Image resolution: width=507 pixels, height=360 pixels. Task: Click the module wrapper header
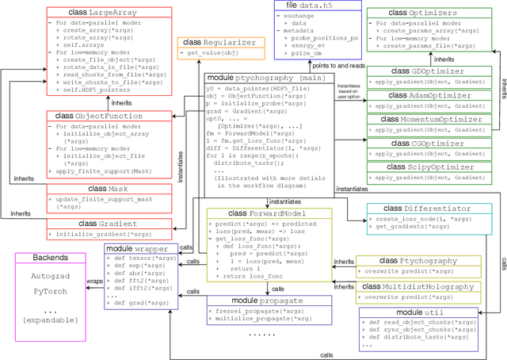click(x=136, y=248)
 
